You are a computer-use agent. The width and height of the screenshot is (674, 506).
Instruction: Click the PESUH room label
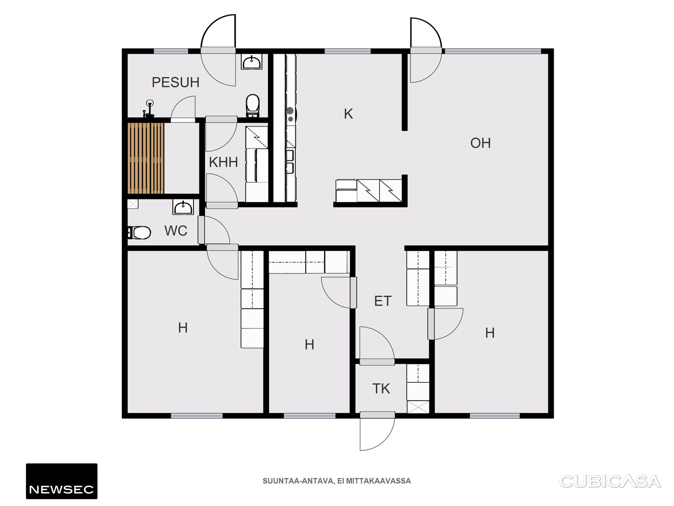pos(176,82)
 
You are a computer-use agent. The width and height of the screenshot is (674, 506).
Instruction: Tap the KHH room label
pos(223,162)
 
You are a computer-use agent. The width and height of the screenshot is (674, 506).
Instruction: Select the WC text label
pos(176,231)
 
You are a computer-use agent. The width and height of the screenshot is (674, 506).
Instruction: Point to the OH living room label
pos(480,143)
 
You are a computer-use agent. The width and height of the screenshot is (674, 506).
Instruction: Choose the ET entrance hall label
pos(383,301)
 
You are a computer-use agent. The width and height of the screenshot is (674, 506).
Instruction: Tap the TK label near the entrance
pos(381,389)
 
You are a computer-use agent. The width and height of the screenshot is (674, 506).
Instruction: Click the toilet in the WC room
pos(139,233)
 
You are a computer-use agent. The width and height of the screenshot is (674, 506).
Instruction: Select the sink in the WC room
pos(183,207)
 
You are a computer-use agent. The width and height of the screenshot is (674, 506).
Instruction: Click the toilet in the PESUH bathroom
pos(253,105)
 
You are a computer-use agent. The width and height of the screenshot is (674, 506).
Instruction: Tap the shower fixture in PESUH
pos(149,109)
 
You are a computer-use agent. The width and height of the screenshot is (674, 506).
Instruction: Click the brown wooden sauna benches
pos(146,158)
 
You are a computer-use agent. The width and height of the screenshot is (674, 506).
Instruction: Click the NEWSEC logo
pos(61,481)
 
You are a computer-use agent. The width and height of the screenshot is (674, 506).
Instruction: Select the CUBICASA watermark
pos(610,481)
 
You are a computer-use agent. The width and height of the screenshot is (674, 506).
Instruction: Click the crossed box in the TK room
pos(418,407)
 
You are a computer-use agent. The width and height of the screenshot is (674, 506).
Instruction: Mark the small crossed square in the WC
pos(133,204)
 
